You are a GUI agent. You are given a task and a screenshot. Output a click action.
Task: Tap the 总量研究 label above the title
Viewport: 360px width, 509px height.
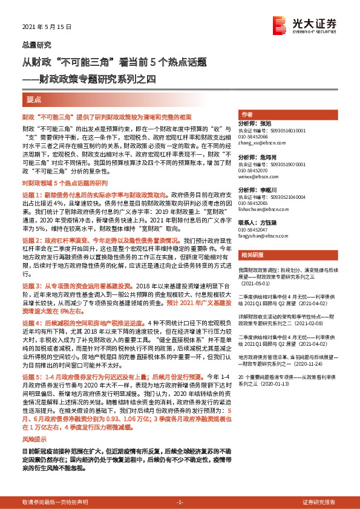(36, 45)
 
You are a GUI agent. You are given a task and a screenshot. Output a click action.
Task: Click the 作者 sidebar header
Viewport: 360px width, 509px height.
(247, 115)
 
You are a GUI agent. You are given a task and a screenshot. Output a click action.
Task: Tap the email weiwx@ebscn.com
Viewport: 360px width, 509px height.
(260, 177)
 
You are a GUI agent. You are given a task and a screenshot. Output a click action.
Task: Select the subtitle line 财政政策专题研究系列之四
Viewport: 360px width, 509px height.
(97, 77)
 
